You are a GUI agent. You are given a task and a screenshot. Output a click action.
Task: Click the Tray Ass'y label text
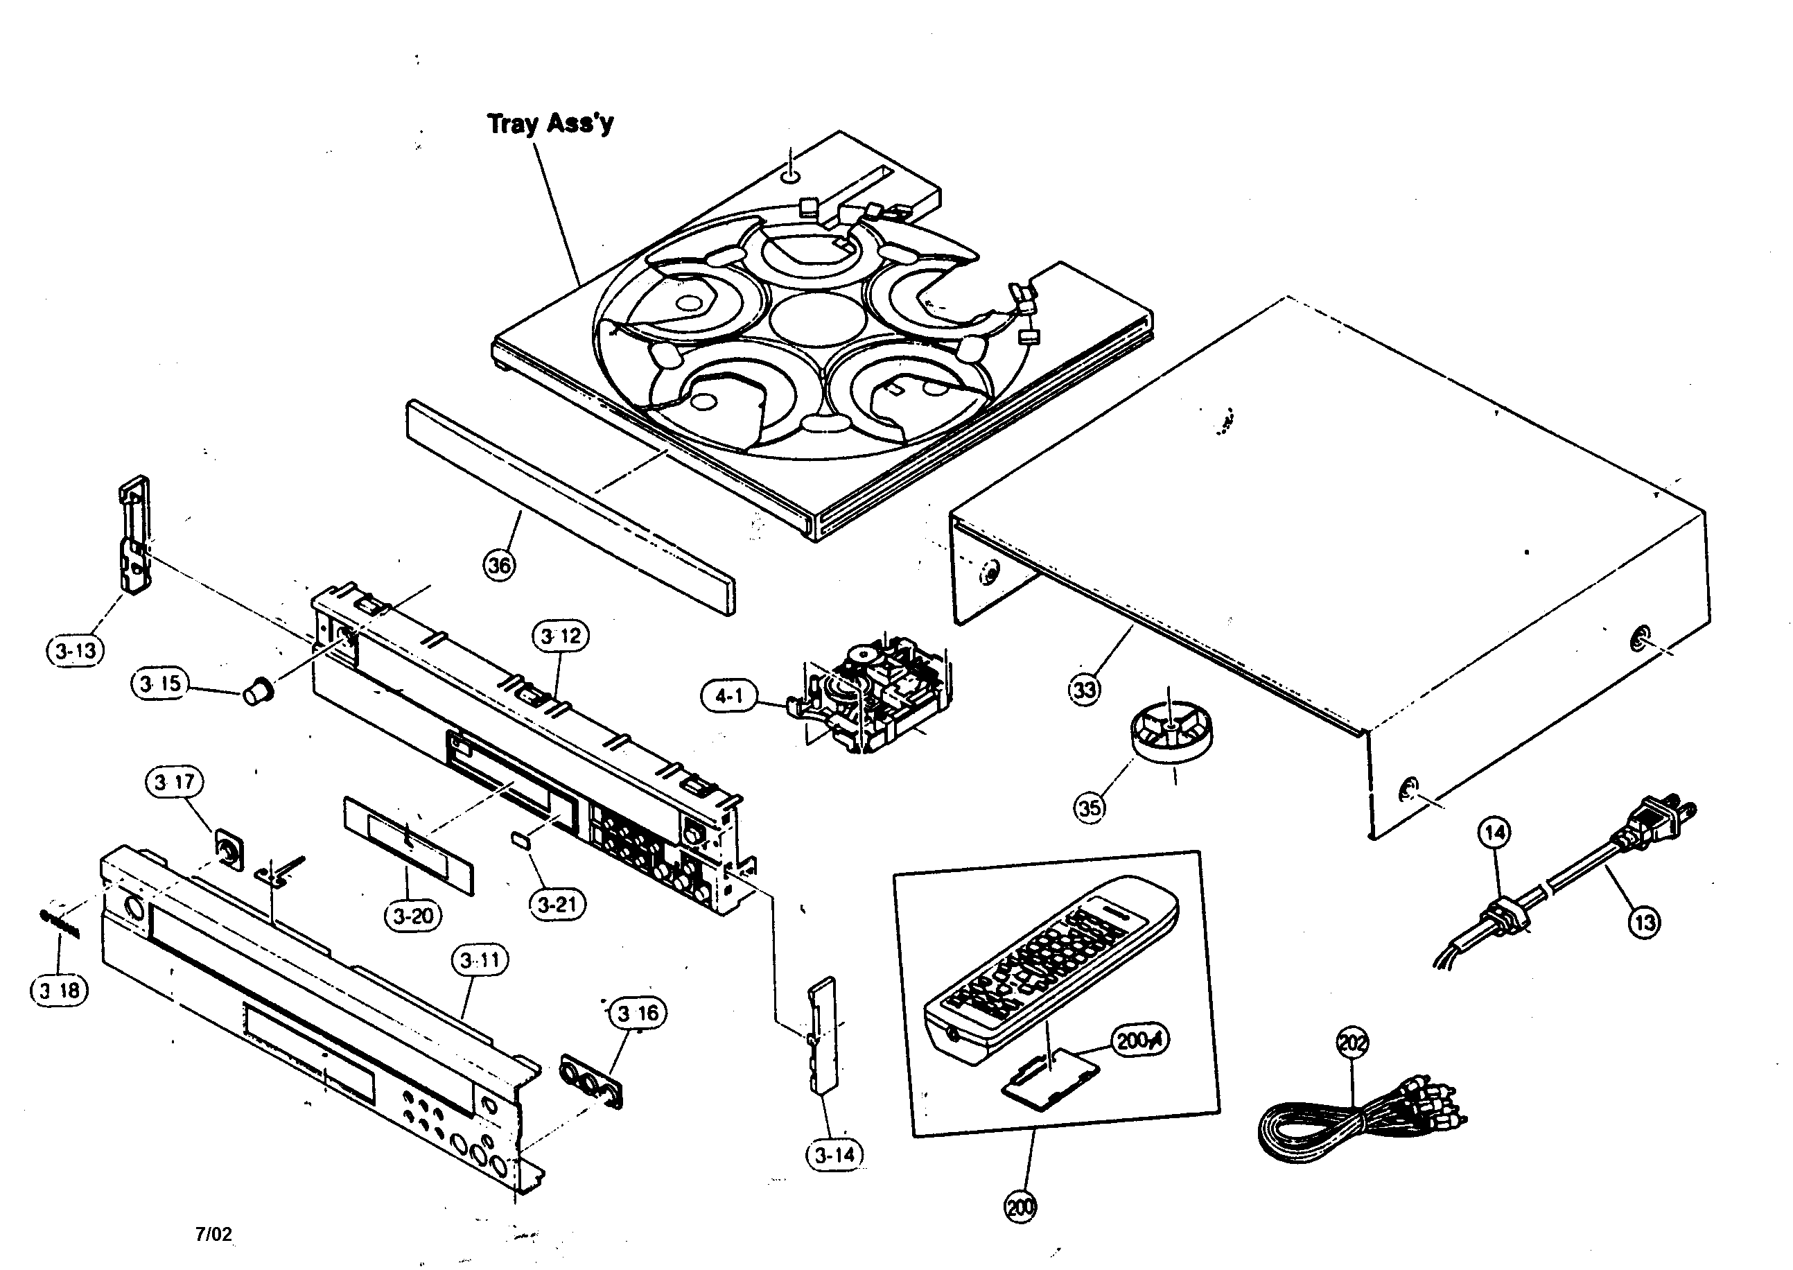click(550, 123)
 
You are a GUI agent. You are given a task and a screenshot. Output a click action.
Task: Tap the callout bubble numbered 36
click(500, 564)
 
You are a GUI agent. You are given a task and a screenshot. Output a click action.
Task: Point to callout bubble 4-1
click(728, 695)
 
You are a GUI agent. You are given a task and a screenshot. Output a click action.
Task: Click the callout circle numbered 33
click(1084, 690)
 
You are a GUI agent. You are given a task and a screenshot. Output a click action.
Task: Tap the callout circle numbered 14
click(1494, 833)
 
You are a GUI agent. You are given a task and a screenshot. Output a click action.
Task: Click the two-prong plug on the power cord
click(1661, 823)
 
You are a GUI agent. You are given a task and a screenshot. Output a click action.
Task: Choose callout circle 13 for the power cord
click(1645, 923)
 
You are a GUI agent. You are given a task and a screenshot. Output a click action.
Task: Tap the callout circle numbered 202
click(1352, 1043)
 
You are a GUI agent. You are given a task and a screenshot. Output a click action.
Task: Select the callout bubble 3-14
click(834, 1155)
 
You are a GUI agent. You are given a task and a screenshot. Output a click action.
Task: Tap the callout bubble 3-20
click(413, 915)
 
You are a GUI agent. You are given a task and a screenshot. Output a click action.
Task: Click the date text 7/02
click(213, 1234)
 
